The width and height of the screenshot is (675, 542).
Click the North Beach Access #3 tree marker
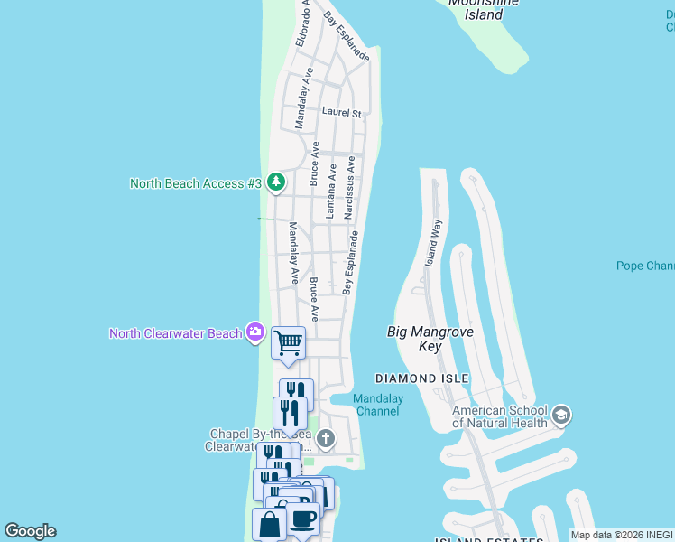[276, 183]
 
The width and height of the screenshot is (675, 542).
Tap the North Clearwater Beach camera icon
[255, 333]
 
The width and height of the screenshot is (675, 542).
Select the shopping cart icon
[288, 343]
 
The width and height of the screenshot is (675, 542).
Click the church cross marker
[326, 440]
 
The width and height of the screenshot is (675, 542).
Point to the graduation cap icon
[560, 416]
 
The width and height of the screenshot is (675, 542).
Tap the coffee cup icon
[303, 520]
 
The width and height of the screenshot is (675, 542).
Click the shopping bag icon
[270, 525]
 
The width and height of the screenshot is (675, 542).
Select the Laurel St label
[341, 114]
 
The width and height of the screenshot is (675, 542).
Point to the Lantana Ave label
[331, 191]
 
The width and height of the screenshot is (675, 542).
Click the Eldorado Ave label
[303, 23]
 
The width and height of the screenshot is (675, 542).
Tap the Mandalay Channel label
[377, 405]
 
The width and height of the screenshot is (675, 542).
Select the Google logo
[30, 531]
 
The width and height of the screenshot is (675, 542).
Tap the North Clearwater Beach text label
[176, 333]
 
